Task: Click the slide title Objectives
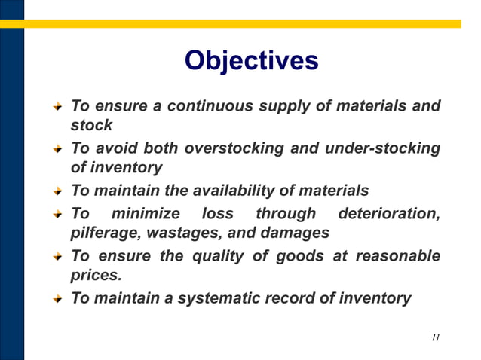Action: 251,60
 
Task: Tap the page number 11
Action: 436,337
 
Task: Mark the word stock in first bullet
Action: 91,125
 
